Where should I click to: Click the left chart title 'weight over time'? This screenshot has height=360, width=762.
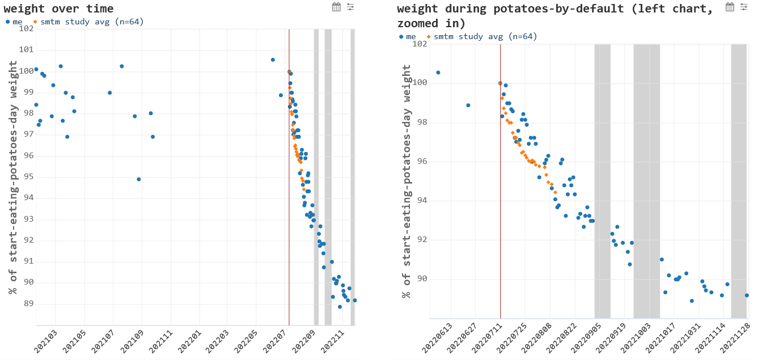(58, 9)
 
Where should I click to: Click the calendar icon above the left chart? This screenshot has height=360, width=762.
(336, 7)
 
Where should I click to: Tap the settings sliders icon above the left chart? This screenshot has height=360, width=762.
(350, 7)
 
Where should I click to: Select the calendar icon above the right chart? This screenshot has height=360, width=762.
(730, 7)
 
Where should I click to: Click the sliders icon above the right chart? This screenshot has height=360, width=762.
(744, 7)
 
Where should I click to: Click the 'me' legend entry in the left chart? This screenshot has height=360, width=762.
(15, 22)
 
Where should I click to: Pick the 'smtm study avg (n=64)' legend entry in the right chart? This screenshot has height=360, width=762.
(482, 36)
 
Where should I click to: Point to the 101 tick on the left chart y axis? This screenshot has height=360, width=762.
(26, 50)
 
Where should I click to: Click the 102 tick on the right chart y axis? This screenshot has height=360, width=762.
(420, 44)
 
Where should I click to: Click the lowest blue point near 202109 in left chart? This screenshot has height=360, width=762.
(139, 179)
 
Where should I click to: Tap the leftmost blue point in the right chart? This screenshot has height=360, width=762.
(438, 73)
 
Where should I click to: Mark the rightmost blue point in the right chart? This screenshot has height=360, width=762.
(747, 295)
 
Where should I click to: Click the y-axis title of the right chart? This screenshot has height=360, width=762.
(407, 181)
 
